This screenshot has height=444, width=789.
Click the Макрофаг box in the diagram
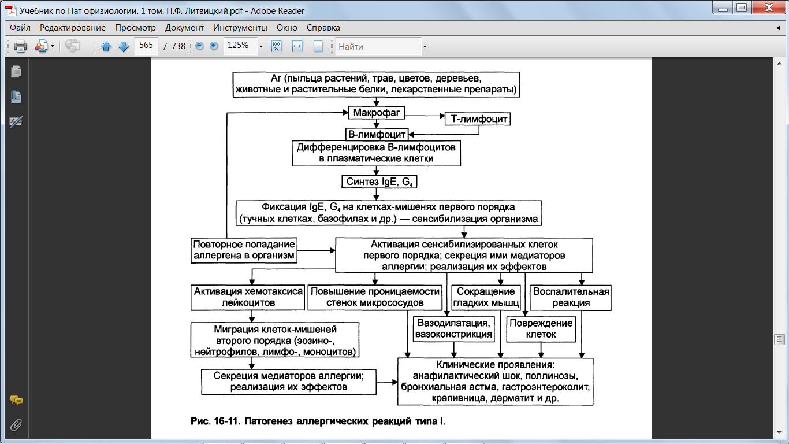(376, 113)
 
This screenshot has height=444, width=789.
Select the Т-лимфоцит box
(478, 119)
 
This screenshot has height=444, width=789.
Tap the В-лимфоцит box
(377, 134)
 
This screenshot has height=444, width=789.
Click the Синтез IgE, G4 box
(379, 182)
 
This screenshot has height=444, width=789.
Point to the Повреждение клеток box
(541, 329)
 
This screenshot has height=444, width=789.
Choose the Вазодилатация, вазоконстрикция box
(453, 329)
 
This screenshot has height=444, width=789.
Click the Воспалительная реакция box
(571, 297)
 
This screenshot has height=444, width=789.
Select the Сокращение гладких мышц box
(486, 297)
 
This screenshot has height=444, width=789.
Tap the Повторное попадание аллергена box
(244, 250)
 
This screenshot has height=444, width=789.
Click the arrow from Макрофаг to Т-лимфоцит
(425, 116)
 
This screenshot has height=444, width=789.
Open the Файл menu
(20, 28)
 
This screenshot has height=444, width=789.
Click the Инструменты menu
(240, 28)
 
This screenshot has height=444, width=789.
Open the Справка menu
(323, 28)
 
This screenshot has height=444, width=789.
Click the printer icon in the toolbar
(20, 46)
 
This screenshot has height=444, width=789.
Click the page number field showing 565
(146, 46)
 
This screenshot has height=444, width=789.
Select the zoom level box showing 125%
(241, 46)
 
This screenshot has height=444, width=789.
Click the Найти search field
(379, 46)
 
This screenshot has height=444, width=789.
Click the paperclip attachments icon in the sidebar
(16, 425)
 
